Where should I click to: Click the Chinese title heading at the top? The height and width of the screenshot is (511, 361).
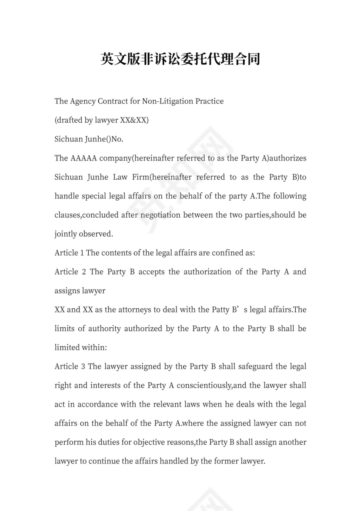(180, 59)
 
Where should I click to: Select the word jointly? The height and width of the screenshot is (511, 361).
(65, 234)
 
